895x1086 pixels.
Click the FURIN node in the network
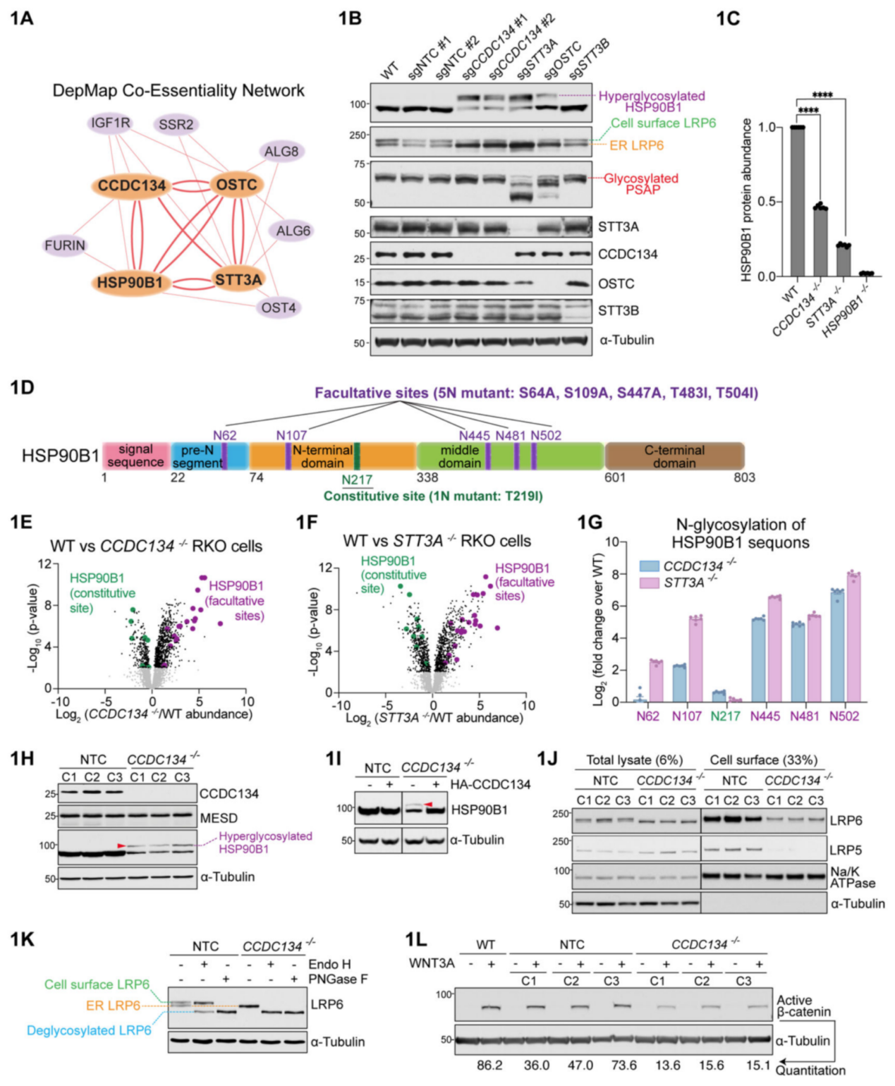[x=65, y=245]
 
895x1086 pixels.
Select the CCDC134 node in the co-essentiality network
[x=132, y=185]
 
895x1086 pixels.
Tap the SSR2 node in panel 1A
[x=176, y=125]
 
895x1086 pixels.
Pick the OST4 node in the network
[x=279, y=307]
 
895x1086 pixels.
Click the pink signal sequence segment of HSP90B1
[x=135, y=456]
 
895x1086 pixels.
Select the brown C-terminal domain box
[x=674, y=456]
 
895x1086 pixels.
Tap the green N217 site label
[x=357, y=480]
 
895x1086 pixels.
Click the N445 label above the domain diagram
[x=474, y=436]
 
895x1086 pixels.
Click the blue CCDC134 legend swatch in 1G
[x=649, y=566]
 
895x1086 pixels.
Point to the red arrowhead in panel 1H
[x=121, y=845]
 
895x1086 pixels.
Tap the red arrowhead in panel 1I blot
[x=428, y=804]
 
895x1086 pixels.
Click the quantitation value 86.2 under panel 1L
[x=489, y=1065]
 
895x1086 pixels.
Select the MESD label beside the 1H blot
[x=219, y=818]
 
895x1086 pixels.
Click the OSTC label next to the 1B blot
[x=616, y=283]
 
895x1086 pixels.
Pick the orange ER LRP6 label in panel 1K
[x=113, y=1006]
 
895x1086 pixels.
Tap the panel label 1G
[x=590, y=523]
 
